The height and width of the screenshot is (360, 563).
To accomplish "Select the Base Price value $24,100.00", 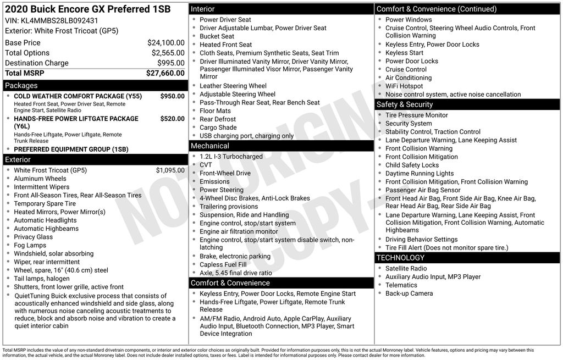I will (165, 43).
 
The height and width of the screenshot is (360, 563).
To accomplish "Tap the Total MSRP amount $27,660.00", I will (165, 73).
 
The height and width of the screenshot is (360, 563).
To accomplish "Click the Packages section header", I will (21, 86).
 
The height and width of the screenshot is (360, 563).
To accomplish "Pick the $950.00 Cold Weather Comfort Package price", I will (172, 96).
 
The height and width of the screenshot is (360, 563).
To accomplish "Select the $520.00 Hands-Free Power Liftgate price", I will (172, 119).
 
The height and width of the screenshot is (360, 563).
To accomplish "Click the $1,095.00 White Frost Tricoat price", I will (170, 170).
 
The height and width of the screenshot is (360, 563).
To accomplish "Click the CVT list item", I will (206, 165).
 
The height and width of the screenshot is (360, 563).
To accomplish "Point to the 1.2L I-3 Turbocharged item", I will (231, 157).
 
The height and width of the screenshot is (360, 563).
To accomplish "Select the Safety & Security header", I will (405, 104).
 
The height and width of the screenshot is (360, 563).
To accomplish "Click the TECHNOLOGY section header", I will (400, 258).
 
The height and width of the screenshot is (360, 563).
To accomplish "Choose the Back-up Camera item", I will (409, 293).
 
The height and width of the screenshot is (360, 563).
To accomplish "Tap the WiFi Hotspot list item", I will (404, 86).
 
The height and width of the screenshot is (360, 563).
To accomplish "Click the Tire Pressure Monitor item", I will (417, 115).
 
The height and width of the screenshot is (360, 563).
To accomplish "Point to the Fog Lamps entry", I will (30, 246).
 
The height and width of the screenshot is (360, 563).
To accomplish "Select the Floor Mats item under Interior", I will (215, 111).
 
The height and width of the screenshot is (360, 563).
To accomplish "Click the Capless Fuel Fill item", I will (223, 265).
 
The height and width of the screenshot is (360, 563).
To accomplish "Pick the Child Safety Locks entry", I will (412, 165).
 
